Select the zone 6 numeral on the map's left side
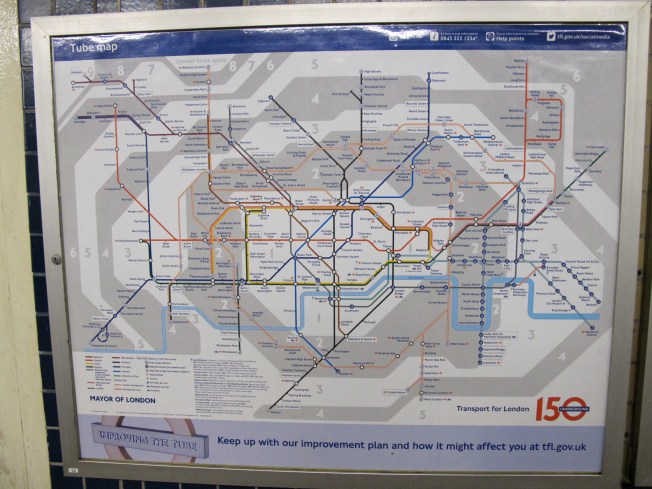pos(73,252)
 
